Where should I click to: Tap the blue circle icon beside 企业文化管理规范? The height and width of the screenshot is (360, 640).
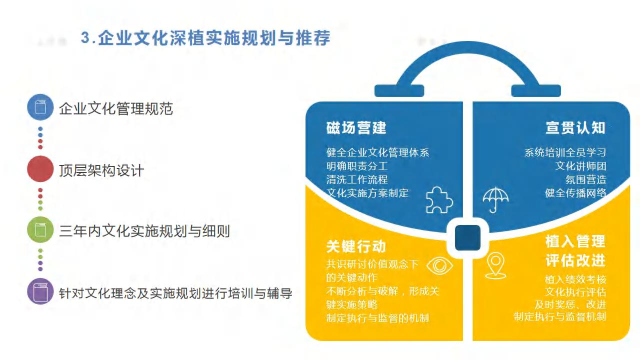pyautogui.click(x=40, y=107)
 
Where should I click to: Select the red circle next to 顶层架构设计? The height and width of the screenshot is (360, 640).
pyautogui.click(x=40, y=169)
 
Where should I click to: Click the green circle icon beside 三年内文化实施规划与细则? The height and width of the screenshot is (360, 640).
pyautogui.click(x=40, y=229)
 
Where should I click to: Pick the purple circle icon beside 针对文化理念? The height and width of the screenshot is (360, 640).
pyautogui.click(x=40, y=291)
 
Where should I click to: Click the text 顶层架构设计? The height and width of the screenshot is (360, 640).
pyautogui.click(x=101, y=170)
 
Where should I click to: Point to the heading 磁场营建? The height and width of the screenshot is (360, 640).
pyautogui.click(x=356, y=127)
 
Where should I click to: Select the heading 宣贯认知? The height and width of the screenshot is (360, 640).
pyautogui.click(x=575, y=127)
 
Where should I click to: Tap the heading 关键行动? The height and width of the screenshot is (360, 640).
pyautogui.click(x=356, y=246)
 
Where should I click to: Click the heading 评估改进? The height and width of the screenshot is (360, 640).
pyautogui.click(x=575, y=260)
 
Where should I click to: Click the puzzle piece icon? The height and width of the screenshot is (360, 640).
pyautogui.click(x=439, y=200)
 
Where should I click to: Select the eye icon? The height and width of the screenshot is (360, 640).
pyautogui.click(x=439, y=265)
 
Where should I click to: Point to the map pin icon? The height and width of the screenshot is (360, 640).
pyautogui.click(x=495, y=265)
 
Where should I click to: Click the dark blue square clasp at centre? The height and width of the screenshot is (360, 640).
pyautogui.click(x=467, y=237)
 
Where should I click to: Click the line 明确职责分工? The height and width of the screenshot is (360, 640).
pyautogui.click(x=357, y=166)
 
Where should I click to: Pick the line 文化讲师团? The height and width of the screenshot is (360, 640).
pyautogui.click(x=581, y=166)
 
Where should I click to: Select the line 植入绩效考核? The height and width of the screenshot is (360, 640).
pyautogui.click(x=575, y=279)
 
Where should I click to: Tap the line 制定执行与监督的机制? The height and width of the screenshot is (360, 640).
pyautogui.click(x=377, y=318)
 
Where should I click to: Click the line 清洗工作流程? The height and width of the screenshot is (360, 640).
pyautogui.click(x=357, y=179)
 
